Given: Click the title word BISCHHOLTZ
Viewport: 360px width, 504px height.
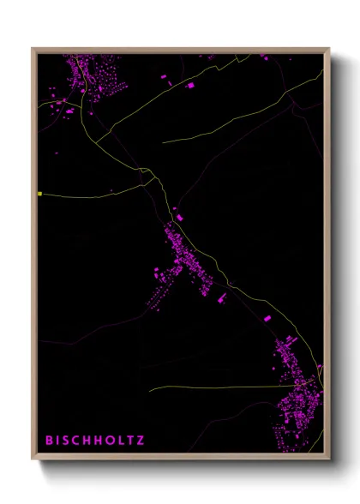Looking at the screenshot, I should pyautogui.click(x=95, y=441).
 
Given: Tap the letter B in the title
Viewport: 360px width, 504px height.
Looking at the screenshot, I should pyautogui.click(x=49, y=441).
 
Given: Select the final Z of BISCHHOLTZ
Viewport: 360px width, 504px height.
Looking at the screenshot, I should pyautogui.click(x=141, y=441).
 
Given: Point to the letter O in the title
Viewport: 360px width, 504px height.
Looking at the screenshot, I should pyautogui.click(x=108, y=441).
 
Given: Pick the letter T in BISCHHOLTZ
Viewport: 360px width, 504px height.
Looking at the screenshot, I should pyautogui.click(x=129, y=441).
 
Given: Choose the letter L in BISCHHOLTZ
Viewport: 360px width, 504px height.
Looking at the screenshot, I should pyautogui.click(x=119, y=441).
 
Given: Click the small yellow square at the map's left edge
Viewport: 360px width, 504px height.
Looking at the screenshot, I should pyautogui.click(x=39, y=194).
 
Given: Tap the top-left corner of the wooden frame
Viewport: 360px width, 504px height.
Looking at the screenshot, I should pyautogui.click(x=33, y=49).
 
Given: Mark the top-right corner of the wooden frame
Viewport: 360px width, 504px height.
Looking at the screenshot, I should pyautogui.click(x=329, y=49).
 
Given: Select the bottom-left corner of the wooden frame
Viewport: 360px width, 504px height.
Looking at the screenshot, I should pyautogui.click(x=33, y=460).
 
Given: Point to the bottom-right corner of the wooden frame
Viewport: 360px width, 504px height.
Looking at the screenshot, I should pyautogui.click(x=329, y=460).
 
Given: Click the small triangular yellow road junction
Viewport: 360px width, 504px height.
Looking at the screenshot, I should pyautogui.click(x=147, y=175).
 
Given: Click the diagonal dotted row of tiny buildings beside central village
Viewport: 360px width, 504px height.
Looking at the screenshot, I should pyautogui.click(x=159, y=297).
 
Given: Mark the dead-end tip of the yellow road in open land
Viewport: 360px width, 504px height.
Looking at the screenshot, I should pyautogui.click(x=163, y=141).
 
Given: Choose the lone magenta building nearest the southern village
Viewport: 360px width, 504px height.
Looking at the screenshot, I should pyautogui.click(x=267, y=318).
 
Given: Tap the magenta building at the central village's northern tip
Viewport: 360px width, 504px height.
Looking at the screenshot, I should pyautogui.click(x=179, y=219).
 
